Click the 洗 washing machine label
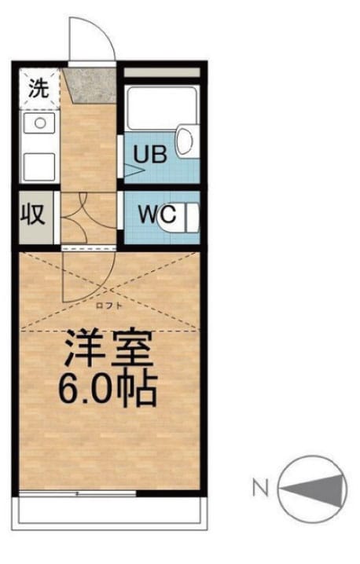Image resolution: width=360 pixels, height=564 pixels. click(x=39, y=89)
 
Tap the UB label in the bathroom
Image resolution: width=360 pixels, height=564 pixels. click(x=150, y=154)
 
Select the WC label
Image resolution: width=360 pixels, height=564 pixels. click(x=157, y=214)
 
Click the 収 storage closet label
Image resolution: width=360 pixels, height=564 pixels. click(x=32, y=215)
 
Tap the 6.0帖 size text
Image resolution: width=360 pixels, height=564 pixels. click(x=108, y=389)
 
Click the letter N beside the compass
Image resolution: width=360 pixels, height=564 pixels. click(x=261, y=489)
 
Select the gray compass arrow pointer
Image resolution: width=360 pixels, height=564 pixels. click(x=311, y=489)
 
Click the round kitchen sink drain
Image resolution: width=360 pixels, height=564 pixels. click(x=40, y=123)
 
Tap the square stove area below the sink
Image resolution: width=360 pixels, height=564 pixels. click(x=39, y=167)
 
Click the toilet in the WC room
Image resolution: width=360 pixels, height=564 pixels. click(x=179, y=218)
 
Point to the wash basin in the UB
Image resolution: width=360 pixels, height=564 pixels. click(x=187, y=141)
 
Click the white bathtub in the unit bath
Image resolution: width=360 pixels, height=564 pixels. click(x=162, y=108)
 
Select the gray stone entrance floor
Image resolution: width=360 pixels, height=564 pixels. click(x=90, y=86)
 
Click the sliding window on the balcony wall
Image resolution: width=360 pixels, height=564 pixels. click(x=77, y=493)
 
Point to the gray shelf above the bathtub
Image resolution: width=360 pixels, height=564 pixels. click(x=162, y=72)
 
